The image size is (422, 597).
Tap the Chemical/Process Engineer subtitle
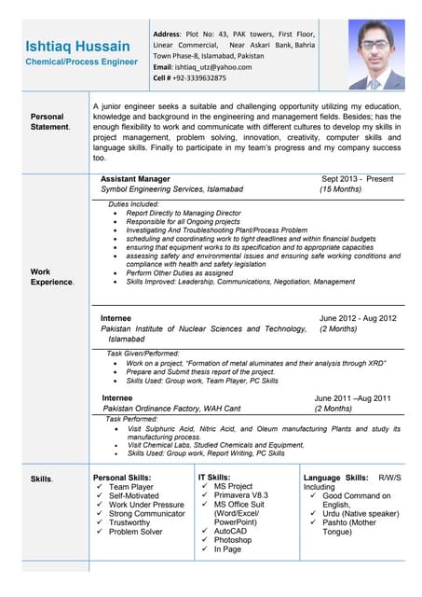tap(82, 62)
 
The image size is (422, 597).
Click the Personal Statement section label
tap(49, 121)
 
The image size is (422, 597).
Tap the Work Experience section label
tap(52, 276)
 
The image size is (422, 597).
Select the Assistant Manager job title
tap(135, 178)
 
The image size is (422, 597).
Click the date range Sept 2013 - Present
tap(357, 178)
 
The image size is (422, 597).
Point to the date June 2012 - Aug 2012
tap(358, 318)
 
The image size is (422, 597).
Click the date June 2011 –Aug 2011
tap(352, 398)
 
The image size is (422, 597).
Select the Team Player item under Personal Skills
tap(131, 487)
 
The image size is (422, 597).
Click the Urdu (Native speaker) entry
tap(361, 513)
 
